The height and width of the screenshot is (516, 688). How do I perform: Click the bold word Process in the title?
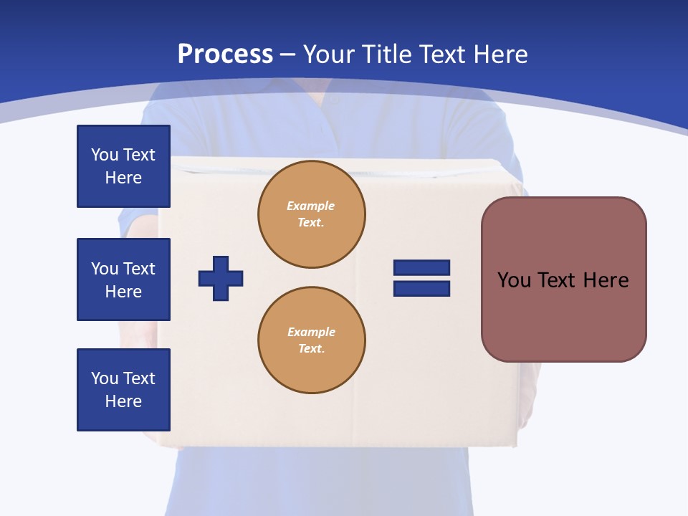point(225,54)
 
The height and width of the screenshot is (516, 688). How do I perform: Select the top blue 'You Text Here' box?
point(123,166)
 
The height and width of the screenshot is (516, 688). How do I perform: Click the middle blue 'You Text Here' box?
point(123,279)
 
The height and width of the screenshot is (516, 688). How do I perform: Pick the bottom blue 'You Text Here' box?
point(123,390)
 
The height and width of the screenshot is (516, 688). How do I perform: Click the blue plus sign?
point(221,278)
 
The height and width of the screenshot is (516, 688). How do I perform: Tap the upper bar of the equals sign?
point(421,267)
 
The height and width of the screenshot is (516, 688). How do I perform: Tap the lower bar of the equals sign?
point(421,289)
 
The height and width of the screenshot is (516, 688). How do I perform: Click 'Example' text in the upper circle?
point(310,206)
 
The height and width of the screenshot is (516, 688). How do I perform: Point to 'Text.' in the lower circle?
point(311,348)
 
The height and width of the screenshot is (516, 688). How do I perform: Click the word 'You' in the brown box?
point(514,280)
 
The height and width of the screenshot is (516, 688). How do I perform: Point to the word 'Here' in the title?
point(501,54)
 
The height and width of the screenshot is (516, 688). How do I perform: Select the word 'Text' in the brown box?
point(557,280)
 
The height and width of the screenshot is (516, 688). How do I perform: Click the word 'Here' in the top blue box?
point(123,178)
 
